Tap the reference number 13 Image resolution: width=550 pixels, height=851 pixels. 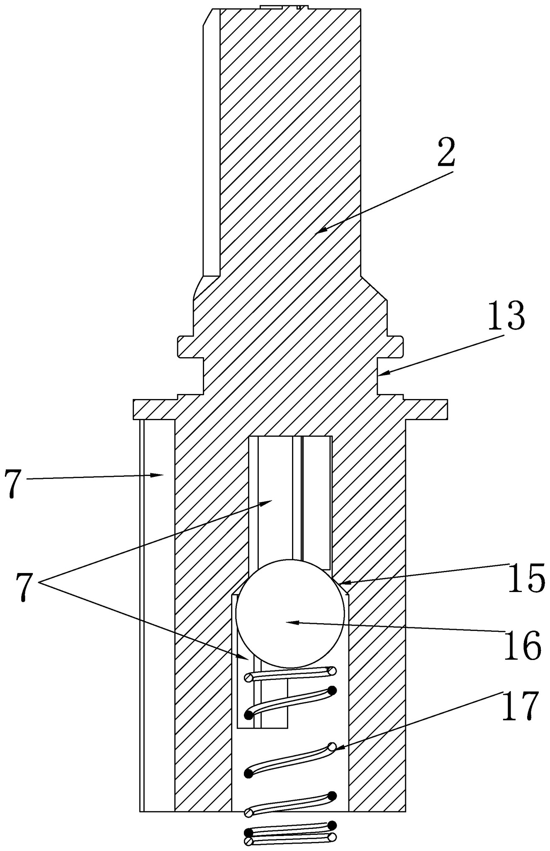506,316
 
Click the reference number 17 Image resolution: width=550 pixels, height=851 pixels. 520,706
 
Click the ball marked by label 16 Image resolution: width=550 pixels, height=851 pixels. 290,613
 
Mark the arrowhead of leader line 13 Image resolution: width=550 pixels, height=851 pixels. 380,374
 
